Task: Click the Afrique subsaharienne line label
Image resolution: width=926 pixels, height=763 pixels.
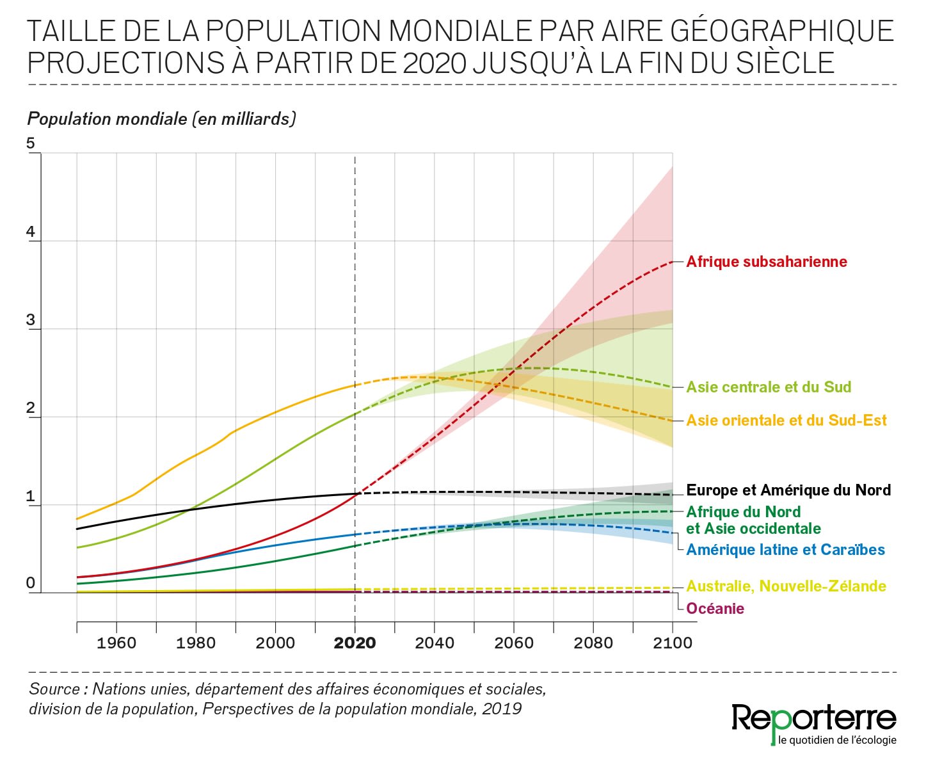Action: (766, 262)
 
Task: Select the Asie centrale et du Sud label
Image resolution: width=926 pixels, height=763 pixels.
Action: (769, 387)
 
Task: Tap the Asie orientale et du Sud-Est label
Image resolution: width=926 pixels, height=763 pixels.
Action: (786, 421)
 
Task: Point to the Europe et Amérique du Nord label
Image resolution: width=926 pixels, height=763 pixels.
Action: (788, 490)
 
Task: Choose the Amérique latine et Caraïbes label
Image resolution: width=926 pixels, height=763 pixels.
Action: (785, 550)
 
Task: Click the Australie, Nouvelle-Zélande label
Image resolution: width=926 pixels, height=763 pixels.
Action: (786, 586)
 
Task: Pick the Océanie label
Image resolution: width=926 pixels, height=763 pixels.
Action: (715, 609)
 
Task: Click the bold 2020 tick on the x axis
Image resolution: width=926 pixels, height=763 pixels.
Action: (355, 643)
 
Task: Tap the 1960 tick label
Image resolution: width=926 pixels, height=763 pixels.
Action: (116, 643)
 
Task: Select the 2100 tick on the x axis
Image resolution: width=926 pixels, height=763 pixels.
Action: (673, 643)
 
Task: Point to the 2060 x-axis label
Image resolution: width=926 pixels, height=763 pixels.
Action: (514, 643)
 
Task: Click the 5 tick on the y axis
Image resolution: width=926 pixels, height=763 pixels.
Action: (31, 143)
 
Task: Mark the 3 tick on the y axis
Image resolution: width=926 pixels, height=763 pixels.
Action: (31, 321)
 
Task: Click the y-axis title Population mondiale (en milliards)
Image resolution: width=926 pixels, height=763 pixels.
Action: (161, 119)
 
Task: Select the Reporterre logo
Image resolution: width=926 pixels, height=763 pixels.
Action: (814, 718)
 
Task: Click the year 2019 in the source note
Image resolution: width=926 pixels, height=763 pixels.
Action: (502, 709)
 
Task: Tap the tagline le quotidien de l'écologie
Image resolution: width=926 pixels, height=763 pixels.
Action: (837, 741)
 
